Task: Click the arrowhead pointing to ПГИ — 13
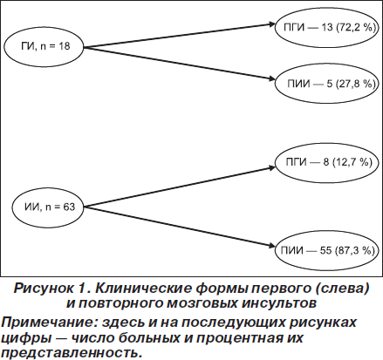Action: (271, 24)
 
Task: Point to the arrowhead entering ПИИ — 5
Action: (271, 79)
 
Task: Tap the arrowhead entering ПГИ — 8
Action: (271, 167)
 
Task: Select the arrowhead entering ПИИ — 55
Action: (271, 247)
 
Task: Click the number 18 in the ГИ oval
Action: (65, 46)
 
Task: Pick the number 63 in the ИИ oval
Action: (69, 207)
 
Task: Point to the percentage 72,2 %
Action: (356, 27)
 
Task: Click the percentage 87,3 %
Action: (355, 250)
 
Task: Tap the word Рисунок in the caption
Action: (44, 289)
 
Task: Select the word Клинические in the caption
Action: (143, 289)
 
